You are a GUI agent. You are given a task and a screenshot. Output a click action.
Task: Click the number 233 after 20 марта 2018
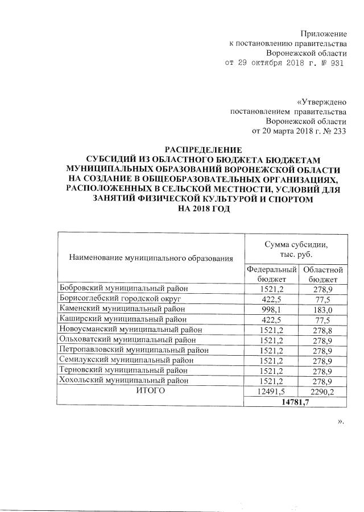(x=338, y=131)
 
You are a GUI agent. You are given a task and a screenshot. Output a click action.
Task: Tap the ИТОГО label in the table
(x=151, y=391)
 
